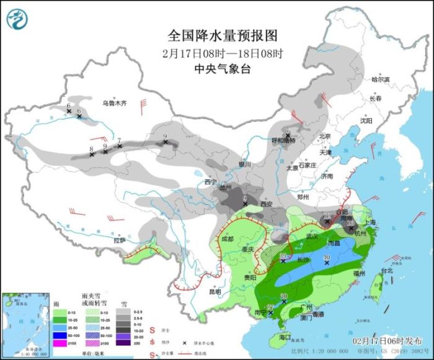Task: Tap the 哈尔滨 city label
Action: pos(380,79)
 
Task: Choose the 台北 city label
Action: pos(387,271)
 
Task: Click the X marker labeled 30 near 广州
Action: pos(283,302)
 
